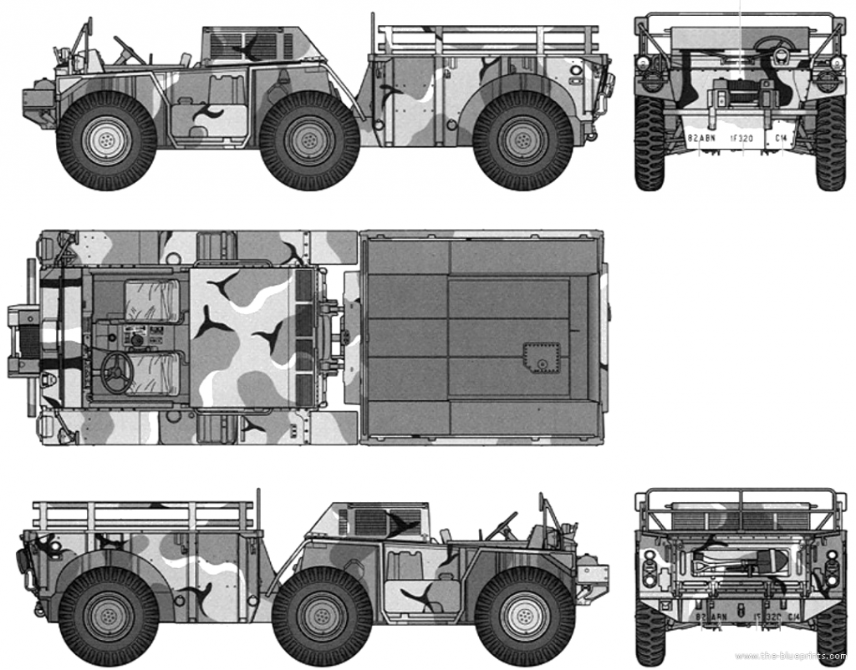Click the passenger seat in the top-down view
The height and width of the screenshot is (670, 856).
[x=151, y=301]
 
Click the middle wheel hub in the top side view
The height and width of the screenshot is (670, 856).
[x=309, y=140]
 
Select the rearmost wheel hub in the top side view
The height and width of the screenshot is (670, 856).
[x=523, y=140]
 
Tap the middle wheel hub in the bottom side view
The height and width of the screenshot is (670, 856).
[x=322, y=617]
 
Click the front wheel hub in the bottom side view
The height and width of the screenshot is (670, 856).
[x=525, y=617]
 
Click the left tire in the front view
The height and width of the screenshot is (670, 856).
[x=650, y=142]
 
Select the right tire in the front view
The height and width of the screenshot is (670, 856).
[x=829, y=142]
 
